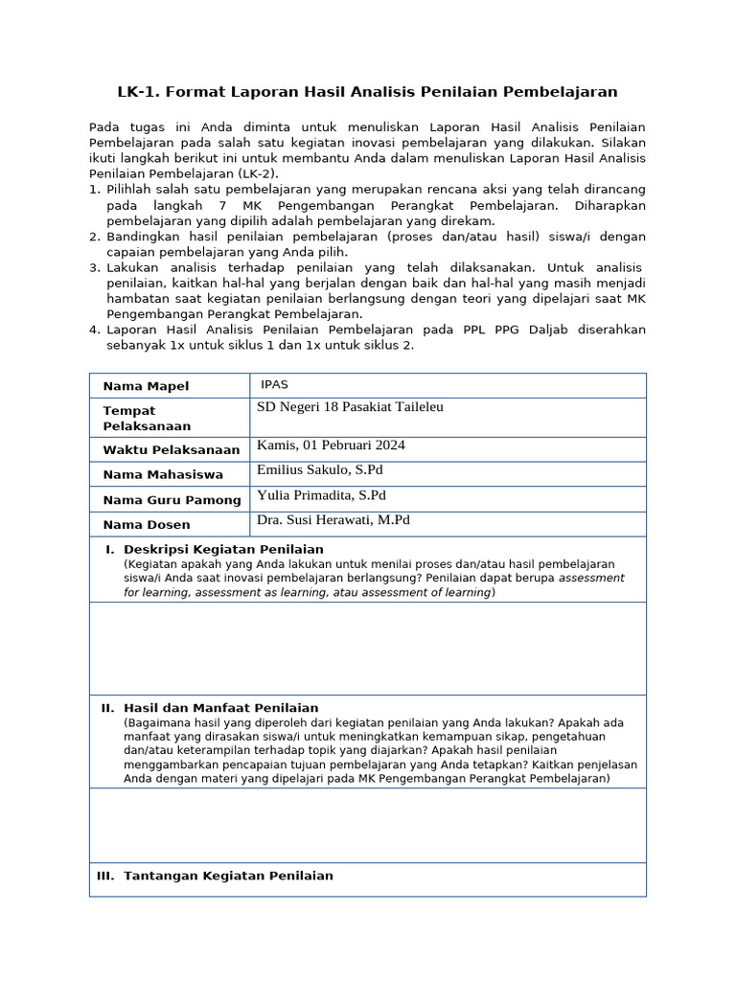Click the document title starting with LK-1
click(x=367, y=92)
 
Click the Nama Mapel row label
click(x=146, y=386)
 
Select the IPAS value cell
click(x=274, y=385)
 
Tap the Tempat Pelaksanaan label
click(x=147, y=418)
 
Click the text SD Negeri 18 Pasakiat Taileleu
click(x=350, y=407)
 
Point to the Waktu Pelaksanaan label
click(x=158, y=450)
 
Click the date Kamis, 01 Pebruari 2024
click(x=331, y=445)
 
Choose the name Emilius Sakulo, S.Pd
click(x=320, y=470)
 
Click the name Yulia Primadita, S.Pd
click(x=321, y=495)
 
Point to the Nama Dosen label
click(x=147, y=525)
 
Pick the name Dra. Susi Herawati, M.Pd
click(x=333, y=520)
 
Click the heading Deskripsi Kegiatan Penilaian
click(x=223, y=549)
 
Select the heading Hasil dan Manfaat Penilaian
click(x=221, y=708)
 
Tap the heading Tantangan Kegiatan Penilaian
click(x=228, y=876)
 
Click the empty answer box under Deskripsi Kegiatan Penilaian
click(x=367, y=648)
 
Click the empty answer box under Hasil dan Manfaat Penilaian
click(x=367, y=825)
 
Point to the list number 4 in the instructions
click(x=94, y=330)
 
